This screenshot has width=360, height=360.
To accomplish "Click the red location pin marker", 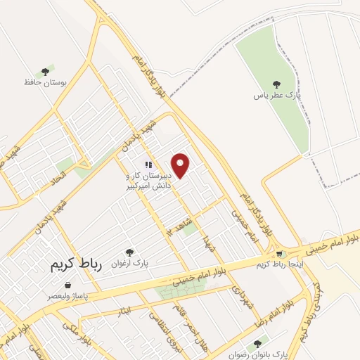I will click(x=181, y=165).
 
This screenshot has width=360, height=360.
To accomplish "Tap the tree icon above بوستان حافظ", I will click(x=46, y=71).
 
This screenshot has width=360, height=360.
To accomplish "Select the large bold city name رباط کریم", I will click(x=77, y=266).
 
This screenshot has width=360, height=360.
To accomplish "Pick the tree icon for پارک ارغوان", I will click(x=129, y=252).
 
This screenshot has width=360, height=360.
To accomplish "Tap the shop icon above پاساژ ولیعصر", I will click(x=67, y=285).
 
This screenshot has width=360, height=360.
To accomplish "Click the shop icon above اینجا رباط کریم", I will click(x=280, y=254).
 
